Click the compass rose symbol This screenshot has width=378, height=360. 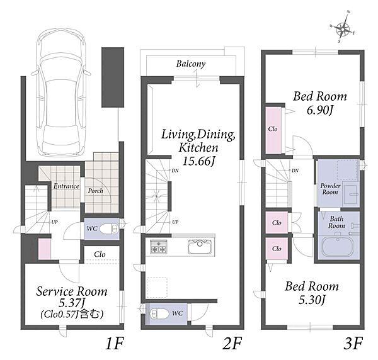coord(343,29)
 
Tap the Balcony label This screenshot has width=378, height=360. coord(191,64)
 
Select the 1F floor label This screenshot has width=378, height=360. coord(115,343)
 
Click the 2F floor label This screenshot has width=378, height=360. coord(232,343)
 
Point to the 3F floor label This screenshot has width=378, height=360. coord(353,343)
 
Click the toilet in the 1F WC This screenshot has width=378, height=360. coord(109,228)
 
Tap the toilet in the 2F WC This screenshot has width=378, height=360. coord(159,314)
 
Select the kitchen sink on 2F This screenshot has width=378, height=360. coord(200,246)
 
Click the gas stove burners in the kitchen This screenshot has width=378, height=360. coord(158,246)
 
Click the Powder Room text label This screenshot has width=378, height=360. coord(330,189)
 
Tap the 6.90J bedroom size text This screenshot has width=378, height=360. coord(319,111)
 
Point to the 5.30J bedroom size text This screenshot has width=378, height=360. coord(312,300)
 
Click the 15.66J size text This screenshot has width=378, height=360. coord(198,161)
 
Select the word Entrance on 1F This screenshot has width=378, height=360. coord(66,186)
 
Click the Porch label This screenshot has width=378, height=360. coord(95,191)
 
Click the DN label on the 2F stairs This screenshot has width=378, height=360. coord(175,171)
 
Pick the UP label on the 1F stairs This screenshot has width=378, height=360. coord(54,222)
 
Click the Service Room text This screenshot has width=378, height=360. coord(72,291)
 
